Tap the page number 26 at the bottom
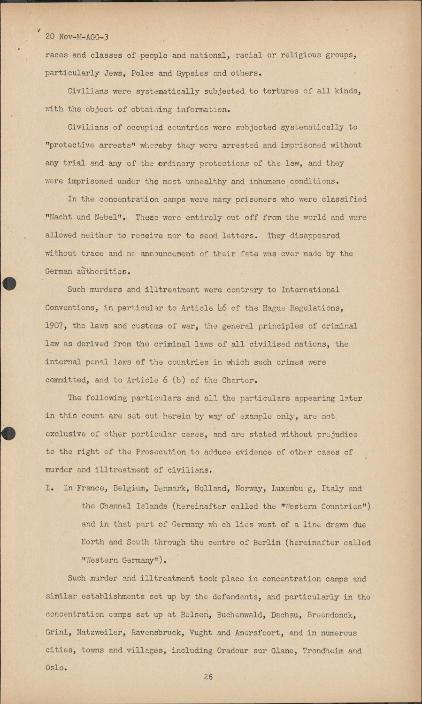(x=208, y=676)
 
